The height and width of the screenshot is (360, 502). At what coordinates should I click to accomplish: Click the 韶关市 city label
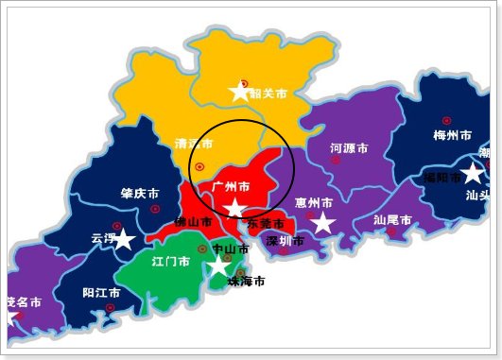268,94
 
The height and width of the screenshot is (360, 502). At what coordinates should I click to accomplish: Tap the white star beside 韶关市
240,92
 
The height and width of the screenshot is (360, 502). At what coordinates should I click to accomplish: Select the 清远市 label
193,145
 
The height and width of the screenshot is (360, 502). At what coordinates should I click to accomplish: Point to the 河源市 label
349,148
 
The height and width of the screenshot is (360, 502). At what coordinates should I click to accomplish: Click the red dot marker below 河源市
335,161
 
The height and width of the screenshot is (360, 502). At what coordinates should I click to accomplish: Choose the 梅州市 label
452,135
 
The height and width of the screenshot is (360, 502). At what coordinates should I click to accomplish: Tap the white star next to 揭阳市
473,172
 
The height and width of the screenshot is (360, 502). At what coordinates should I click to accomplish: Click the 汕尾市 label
392,219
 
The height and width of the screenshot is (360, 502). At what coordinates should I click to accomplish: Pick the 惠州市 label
314,203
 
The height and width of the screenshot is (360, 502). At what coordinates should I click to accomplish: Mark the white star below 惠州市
323,223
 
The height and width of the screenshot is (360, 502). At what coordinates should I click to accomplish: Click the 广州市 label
232,186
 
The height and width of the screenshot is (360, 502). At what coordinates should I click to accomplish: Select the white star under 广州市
234,208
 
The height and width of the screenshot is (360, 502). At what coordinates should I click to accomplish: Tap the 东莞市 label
266,224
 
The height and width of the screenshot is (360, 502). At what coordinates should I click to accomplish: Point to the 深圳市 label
285,241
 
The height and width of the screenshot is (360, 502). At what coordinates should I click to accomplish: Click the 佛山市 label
194,222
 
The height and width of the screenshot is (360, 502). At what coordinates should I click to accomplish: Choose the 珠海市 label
246,282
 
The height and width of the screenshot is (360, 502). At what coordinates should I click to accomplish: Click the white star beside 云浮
123,238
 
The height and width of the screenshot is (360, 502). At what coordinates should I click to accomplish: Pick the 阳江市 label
101,293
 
